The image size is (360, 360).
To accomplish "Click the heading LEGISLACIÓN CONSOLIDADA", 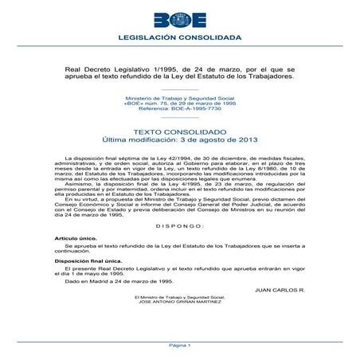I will click(x=179, y=37).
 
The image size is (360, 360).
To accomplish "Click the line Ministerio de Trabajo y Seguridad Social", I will click(x=179, y=97).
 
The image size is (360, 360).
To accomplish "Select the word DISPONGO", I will click(x=179, y=225).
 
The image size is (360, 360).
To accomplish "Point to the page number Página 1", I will click(x=179, y=346).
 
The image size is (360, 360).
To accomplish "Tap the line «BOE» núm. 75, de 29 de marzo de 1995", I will click(x=179, y=103).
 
